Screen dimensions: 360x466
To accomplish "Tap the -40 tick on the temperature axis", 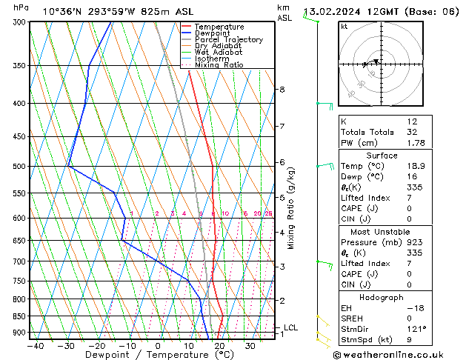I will [35, 345].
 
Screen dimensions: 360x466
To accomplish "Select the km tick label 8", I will [282, 90].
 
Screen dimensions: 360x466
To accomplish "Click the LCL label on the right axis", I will [290, 327].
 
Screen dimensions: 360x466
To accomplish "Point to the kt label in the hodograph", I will [344, 27].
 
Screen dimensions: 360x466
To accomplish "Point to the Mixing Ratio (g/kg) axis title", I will [290, 208].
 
